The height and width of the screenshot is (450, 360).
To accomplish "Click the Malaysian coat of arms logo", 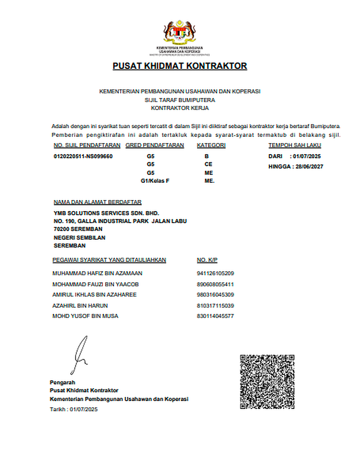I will [180, 32].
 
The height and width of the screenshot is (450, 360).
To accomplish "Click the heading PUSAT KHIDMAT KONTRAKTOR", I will [180, 66].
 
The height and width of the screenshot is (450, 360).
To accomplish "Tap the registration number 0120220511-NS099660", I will [83, 156].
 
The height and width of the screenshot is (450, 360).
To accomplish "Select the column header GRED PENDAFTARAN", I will [155, 146].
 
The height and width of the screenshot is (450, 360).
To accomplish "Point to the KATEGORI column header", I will [211, 146].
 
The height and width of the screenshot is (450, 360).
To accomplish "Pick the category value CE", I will [208, 164].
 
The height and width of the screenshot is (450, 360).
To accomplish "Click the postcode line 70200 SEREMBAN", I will [78, 229].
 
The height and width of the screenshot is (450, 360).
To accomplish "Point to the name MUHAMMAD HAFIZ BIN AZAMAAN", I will [97, 273].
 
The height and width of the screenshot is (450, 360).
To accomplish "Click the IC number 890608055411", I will [215, 284].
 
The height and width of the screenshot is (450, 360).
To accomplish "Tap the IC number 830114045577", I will [215, 316].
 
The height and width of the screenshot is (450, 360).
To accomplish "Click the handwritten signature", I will [80, 355].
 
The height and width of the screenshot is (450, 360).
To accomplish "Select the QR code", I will [267, 382].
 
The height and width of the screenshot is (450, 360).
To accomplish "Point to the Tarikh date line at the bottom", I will [74, 409].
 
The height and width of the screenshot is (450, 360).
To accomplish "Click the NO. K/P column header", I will [207, 260].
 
